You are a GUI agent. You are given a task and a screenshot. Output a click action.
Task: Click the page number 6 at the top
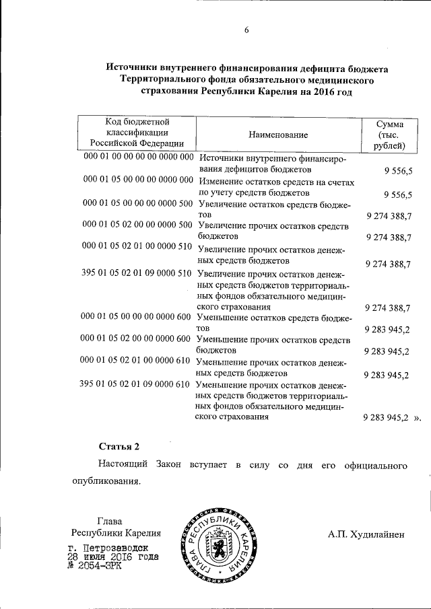[x=246, y=30]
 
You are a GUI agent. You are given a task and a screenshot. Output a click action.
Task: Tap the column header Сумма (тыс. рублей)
[x=391, y=135]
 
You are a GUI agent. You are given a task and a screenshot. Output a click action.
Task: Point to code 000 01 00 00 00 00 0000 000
[x=138, y=157]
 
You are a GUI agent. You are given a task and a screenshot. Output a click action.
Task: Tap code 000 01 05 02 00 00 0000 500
[x=137, y=225]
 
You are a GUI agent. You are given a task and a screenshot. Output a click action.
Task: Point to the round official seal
[x=218, y=544]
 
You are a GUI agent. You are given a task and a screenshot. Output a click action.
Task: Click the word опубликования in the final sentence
[x=106, y=482]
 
